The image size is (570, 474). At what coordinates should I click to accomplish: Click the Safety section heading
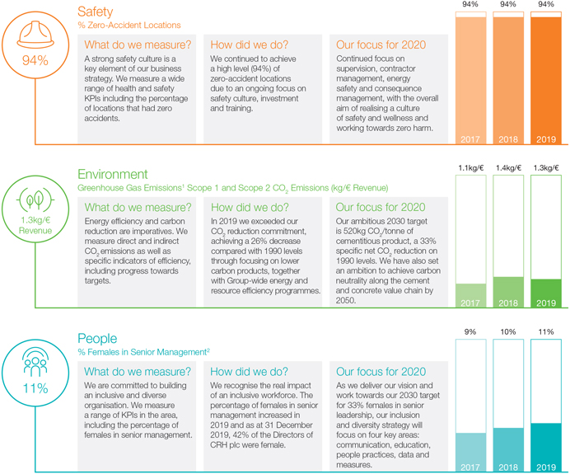tap(96, 12)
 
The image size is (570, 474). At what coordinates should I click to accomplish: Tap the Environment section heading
tap(113, 174)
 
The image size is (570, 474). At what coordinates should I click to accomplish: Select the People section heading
tap(97, 339)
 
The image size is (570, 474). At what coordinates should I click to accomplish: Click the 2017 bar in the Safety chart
tap(470, 78)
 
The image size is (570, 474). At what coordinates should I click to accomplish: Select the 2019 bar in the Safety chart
tap(545, 78)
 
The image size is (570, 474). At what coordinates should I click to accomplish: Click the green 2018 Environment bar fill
tap(508, 293)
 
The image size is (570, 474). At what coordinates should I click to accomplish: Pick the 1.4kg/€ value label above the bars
tap(508, 168)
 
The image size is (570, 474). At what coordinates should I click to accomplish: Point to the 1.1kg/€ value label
tap(470, 168)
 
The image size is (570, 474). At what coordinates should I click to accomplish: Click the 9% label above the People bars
tap(470, 332)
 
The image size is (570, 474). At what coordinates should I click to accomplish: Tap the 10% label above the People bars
tap(508, 332)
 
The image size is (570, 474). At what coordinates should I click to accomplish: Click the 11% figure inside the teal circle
tap(35, 388)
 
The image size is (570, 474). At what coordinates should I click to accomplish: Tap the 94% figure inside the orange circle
tap(35, 61)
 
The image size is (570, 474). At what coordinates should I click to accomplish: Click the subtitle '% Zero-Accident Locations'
tap(128, 26)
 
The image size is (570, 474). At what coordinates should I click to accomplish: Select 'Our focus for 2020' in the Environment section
tap(381, 208)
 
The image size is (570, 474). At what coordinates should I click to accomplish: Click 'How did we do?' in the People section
tap(250, 372)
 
